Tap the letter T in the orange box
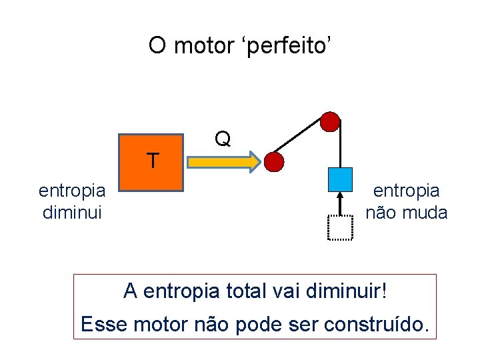point(153,161)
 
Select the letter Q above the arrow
point(223,139)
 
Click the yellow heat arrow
point(224,162)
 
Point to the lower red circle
point(274,161)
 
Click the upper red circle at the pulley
point(330,122)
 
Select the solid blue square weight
point(340,179)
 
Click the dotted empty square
point(340,227)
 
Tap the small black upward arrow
point(340,203)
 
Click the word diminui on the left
point(71,213)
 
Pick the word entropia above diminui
point(72,191)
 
